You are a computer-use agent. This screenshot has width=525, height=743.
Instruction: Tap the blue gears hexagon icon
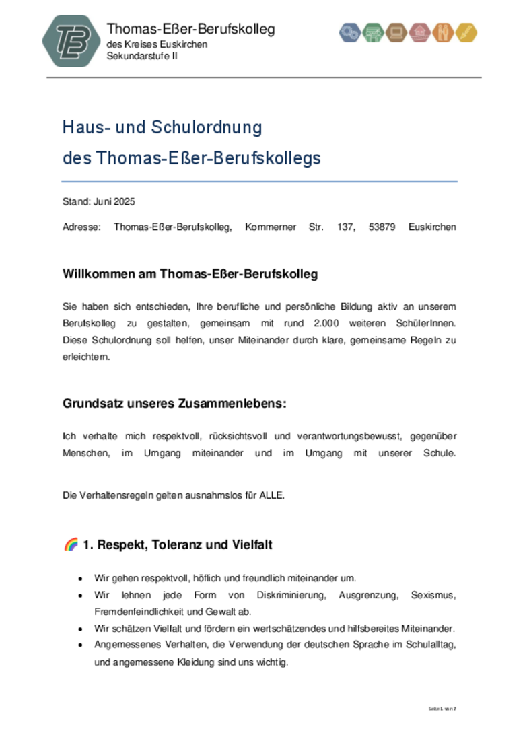pyautogui.click(x=349, y=32)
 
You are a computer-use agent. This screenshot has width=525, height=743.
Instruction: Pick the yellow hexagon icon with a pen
pyautogui.click(x=466, y=32)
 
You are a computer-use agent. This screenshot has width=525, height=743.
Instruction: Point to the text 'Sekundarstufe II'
pyautogui.click(x=142, y=55)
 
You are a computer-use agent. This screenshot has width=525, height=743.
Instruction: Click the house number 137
pyautogui.click(x=346, y=227)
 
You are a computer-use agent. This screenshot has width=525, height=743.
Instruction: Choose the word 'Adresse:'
pyautogui.click(x=81, y=227)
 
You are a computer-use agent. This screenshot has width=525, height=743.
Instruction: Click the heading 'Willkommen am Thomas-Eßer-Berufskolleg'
pyautogui.click(x=190, y=274)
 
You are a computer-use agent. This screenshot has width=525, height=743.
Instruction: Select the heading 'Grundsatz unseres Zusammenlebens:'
pyautogui.click(x=174, y=404)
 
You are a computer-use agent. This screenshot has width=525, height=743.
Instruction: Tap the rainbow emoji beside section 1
pyautogui.click(x=71, y=544)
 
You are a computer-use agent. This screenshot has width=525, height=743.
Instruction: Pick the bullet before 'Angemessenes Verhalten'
pyautogui.click(x=81, y=645)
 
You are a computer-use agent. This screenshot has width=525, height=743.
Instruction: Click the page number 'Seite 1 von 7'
pyautogui.click(x=443, y=708)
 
